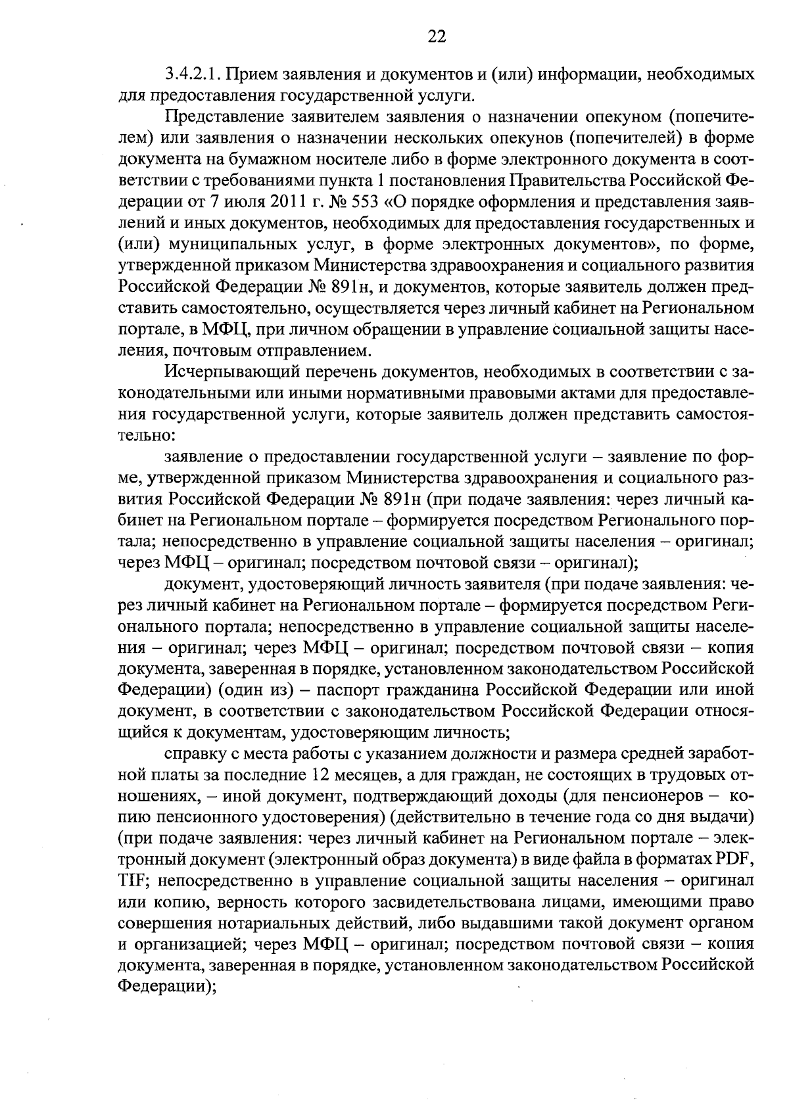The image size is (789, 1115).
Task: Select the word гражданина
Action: (435, 690)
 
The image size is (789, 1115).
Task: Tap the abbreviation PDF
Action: (736, 860)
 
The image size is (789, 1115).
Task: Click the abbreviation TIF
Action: (135, 881)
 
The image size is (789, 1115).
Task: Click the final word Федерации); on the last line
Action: (168, 987)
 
